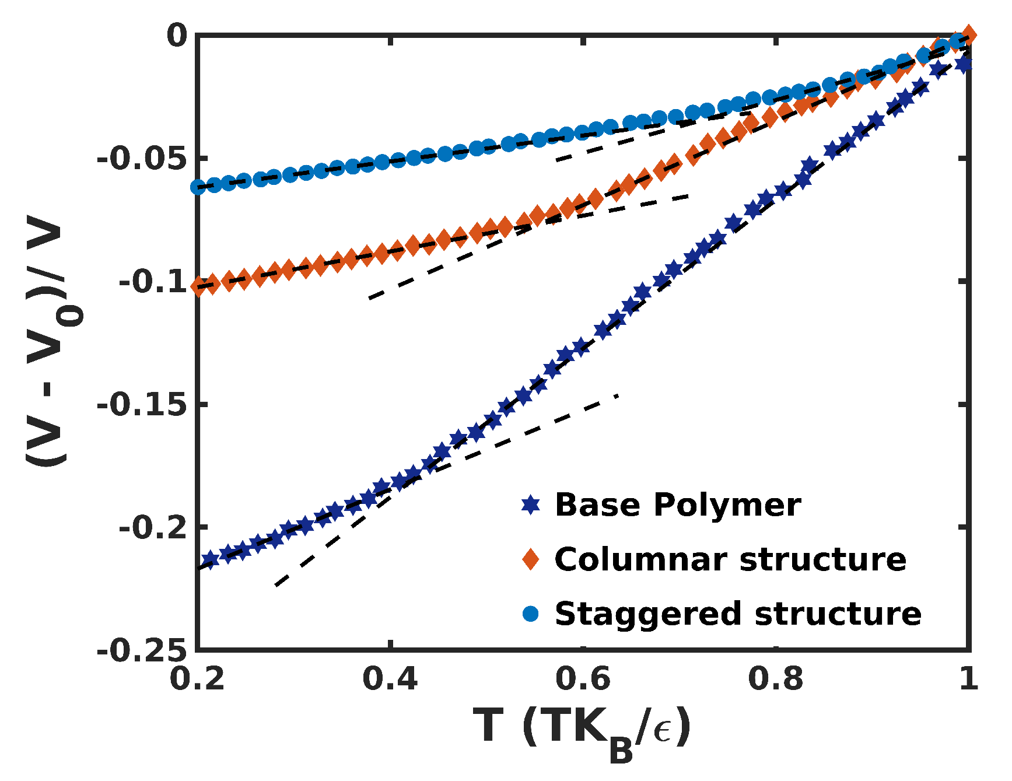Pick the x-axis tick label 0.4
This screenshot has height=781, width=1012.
pyautogui.click(x=390, y=679)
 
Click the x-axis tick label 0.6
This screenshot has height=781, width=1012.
pyautogui.click(x=583, y=679)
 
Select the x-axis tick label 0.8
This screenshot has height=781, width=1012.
pyautogui.click(x=775, y=679)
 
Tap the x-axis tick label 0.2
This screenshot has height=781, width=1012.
pyautogui.click(x=198, y=679)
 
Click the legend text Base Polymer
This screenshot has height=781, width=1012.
pyautogui.click(x=677, y=505)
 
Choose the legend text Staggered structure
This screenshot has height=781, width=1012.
pyautogui.click(x=738, y=614)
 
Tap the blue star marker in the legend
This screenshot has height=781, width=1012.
pyautogui.click(x=530, y=505)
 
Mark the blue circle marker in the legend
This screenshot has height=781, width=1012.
pyautogui.click(x=530, y=614)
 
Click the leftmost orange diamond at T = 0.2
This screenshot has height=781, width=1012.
pyautogui.click(x=199, y=286)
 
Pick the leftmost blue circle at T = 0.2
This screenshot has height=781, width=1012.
pyautogui.click(x=198, y=187)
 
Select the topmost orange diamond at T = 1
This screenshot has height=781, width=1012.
pyautogui.click(x=968, y=34)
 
